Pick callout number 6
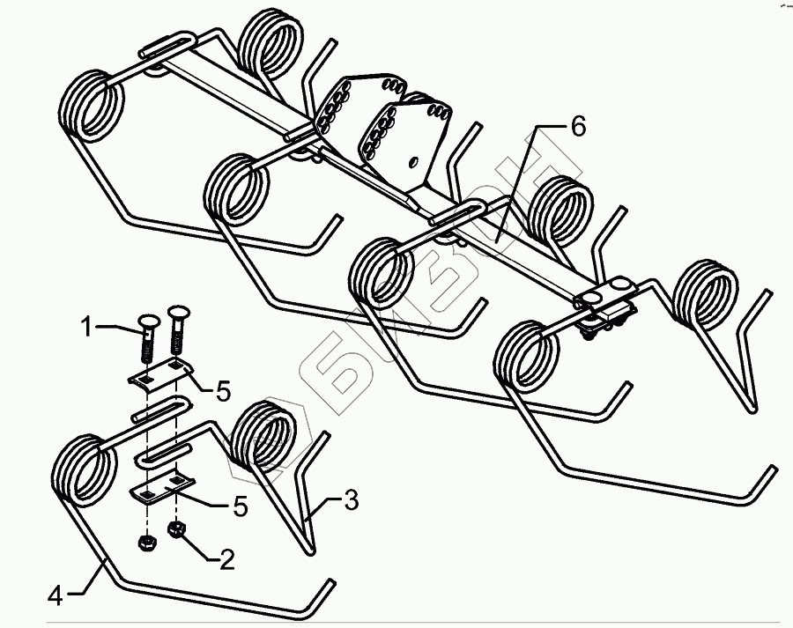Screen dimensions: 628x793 pos(577,126)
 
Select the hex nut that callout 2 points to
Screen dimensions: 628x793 pos(176,530)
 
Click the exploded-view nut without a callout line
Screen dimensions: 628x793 pos(146,541)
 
